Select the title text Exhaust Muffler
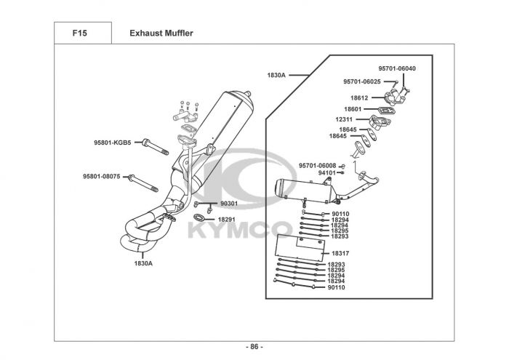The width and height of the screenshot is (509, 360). [x=161, y=33]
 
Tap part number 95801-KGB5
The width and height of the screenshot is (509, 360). [x=112, y=143]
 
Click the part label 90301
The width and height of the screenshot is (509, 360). [x=228, y=204]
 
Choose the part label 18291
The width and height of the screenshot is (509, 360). [x=228, y=219]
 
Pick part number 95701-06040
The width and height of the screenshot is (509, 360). [x=397, y=68]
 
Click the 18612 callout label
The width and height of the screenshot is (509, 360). [x=359, y=97]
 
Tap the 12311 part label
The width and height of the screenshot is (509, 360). [x=345, y=119]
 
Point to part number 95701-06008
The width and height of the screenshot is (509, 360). [x=317, y=166]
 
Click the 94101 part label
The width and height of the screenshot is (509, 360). [x=327, y=173]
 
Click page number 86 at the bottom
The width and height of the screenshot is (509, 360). [x=254, y=346]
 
